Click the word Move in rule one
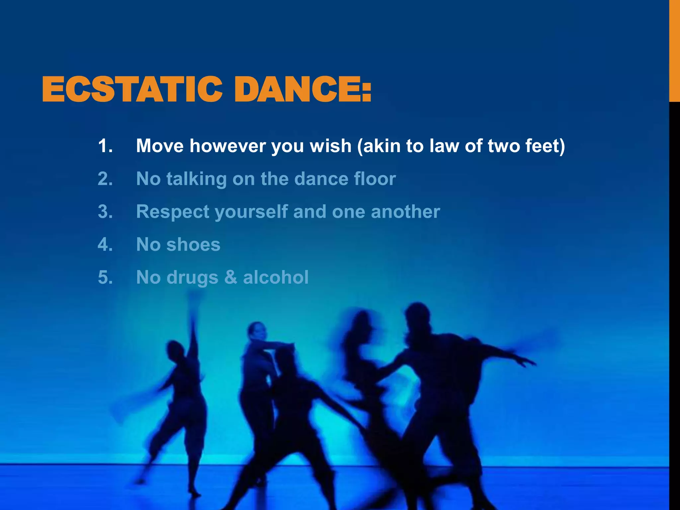coord(160,146)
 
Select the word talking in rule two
coord(196,179)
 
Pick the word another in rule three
coord(405,212)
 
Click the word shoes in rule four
coord(193,245)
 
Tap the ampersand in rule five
coord(231,277)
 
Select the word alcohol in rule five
coord(276,277)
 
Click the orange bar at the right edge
coord(674,50)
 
